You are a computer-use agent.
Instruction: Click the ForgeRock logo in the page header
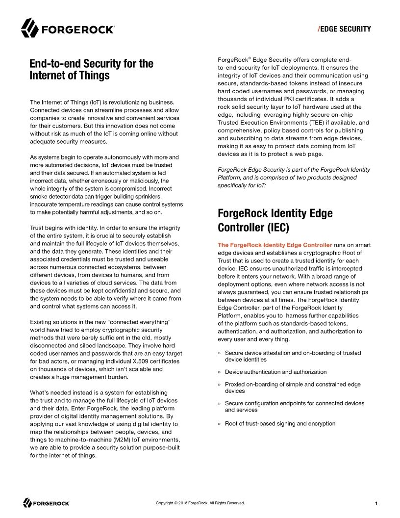(68, 28)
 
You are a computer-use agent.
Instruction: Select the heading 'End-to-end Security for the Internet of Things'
(91, 70)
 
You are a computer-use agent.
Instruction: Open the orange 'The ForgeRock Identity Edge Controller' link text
(275, 245)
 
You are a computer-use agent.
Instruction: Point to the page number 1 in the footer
(375, 503)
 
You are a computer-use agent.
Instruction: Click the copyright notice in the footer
(200, 503)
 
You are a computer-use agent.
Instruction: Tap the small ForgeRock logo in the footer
(47, 503)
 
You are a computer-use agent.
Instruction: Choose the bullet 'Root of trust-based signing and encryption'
(280, 423)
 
